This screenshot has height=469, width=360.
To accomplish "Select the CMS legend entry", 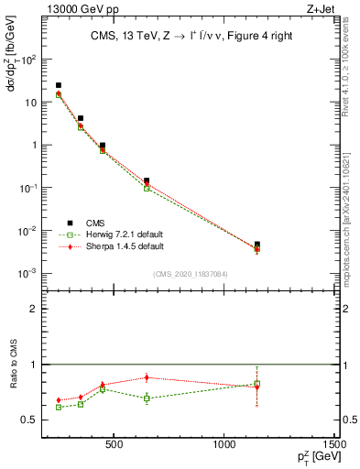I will (x=93, y=223).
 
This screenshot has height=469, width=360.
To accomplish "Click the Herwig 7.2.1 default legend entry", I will (x=114, y=234).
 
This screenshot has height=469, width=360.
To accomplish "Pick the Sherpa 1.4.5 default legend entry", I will (x=114, y=246).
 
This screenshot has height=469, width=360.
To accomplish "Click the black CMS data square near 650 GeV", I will (x=147, y=180).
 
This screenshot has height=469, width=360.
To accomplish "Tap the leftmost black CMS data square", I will (x=59, y=85).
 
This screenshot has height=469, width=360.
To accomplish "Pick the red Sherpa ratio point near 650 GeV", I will (x=147, y=377).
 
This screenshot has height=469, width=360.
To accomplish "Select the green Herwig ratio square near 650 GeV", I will (x=147, y=398).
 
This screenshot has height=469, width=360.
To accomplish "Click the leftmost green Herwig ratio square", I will (x=59, y=407).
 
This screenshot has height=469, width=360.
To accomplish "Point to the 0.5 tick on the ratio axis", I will (x=31, y=420).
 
